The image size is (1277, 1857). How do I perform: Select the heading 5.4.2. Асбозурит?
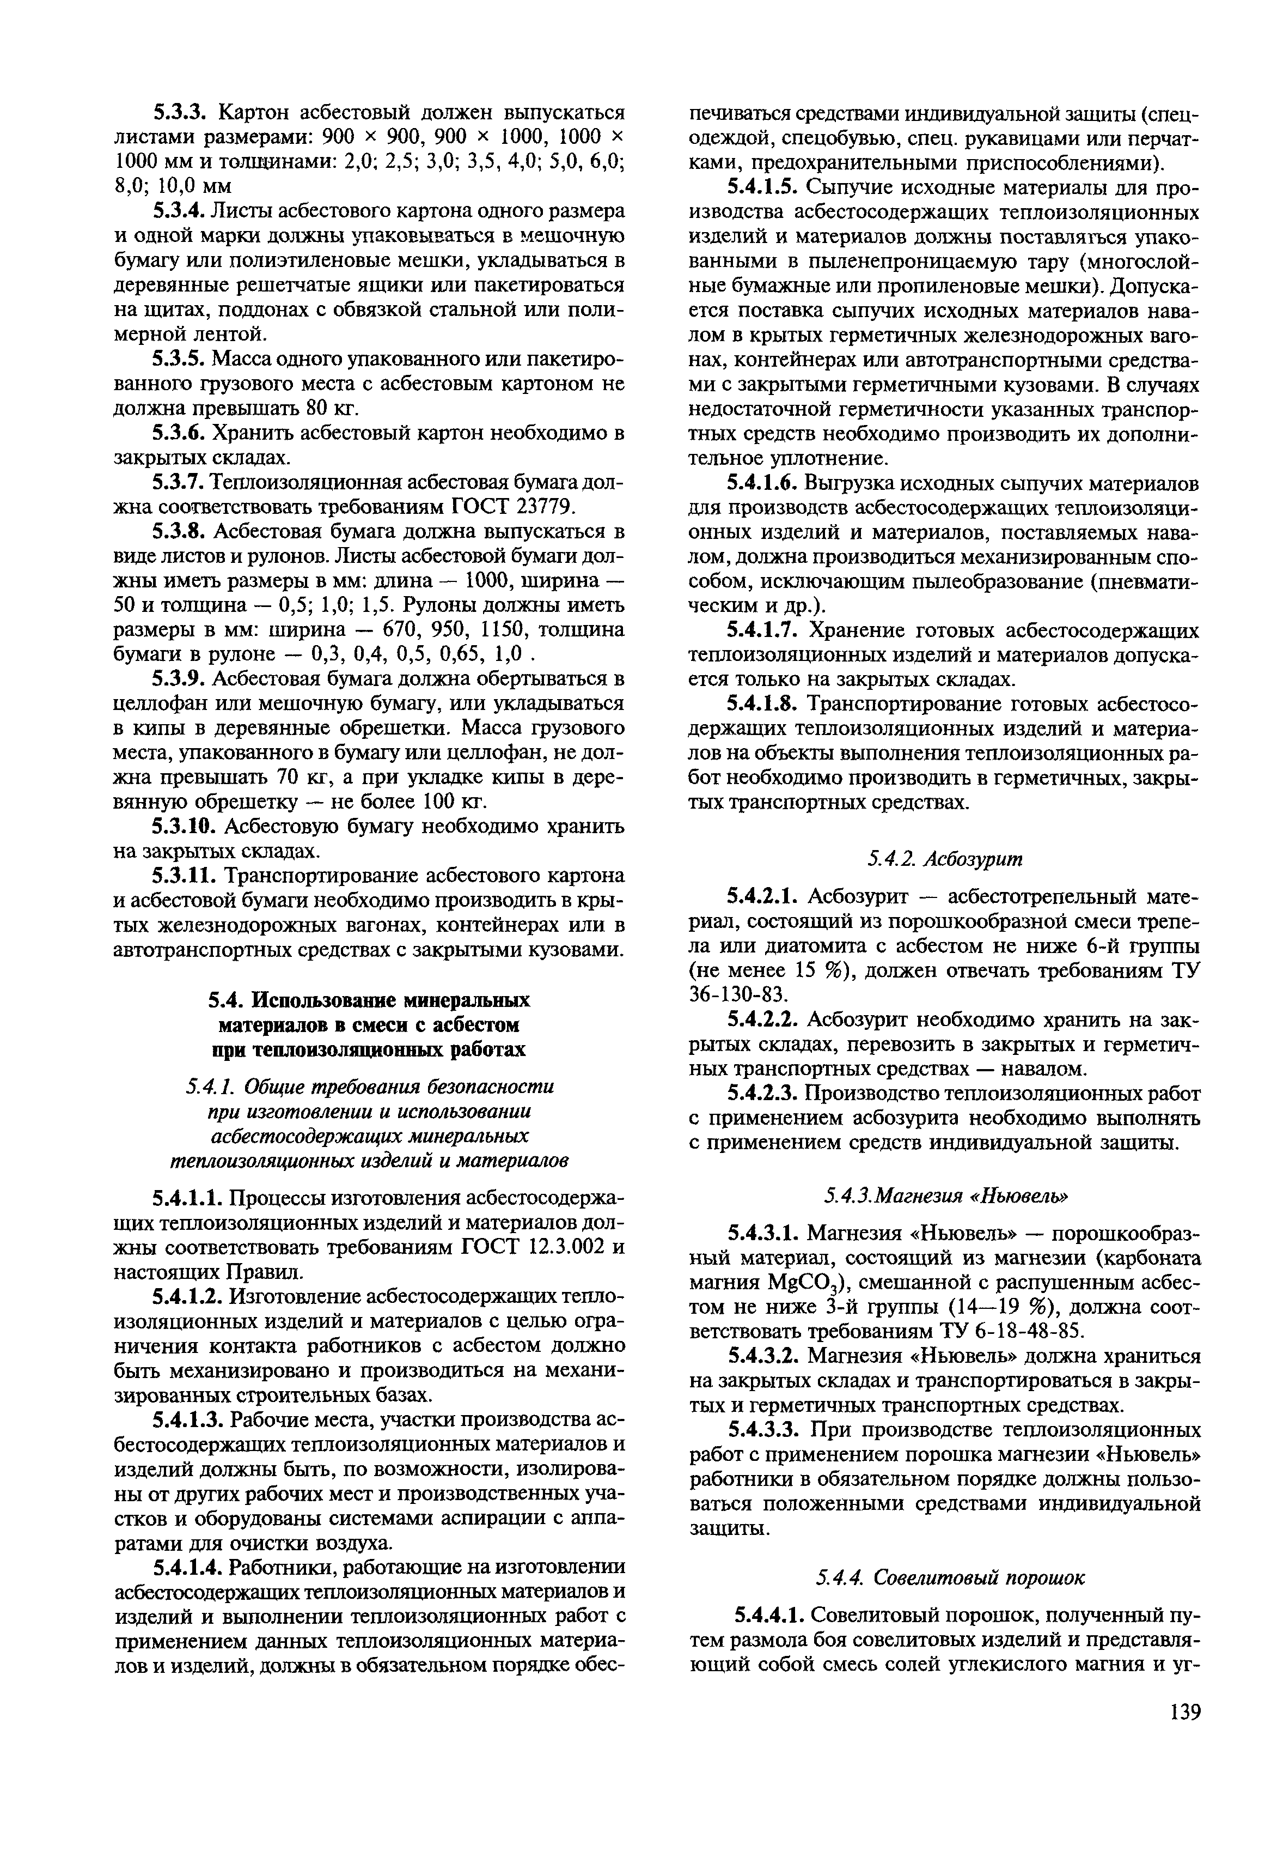point(945,859)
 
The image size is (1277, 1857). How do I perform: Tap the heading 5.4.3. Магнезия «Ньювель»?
point(945,1195)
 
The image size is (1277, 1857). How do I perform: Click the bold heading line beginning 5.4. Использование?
point(368,1000)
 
